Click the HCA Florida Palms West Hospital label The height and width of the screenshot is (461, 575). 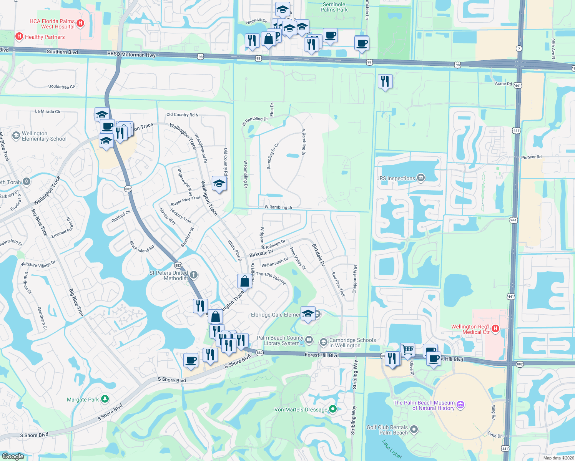coord(52,24)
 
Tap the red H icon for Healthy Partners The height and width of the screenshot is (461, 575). coord(19,36)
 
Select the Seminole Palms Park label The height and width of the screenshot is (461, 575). coord(334,7)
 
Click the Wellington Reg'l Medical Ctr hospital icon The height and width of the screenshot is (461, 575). coord(495,328)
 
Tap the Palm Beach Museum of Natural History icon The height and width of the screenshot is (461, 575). coord(460,405)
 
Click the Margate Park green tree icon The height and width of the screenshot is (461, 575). coord(105,400)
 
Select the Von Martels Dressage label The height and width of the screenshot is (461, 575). coord(301,410)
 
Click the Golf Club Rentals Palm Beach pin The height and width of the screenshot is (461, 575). coord(414,429)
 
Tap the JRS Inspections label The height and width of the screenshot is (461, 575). coord(396,178)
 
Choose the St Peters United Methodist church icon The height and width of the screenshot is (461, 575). coord(194,275)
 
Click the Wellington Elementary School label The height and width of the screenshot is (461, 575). coord(44,136)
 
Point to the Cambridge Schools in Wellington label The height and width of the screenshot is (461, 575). coord(352,343)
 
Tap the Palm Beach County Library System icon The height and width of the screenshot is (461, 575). coord(309,340)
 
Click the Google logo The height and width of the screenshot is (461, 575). coord(13,456)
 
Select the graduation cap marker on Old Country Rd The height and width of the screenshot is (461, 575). coord(219,184)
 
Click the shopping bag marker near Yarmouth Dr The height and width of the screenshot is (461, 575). coord(244,282)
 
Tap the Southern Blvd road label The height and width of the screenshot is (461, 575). coord(62,52)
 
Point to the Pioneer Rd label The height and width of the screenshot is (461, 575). coord(531,157)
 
